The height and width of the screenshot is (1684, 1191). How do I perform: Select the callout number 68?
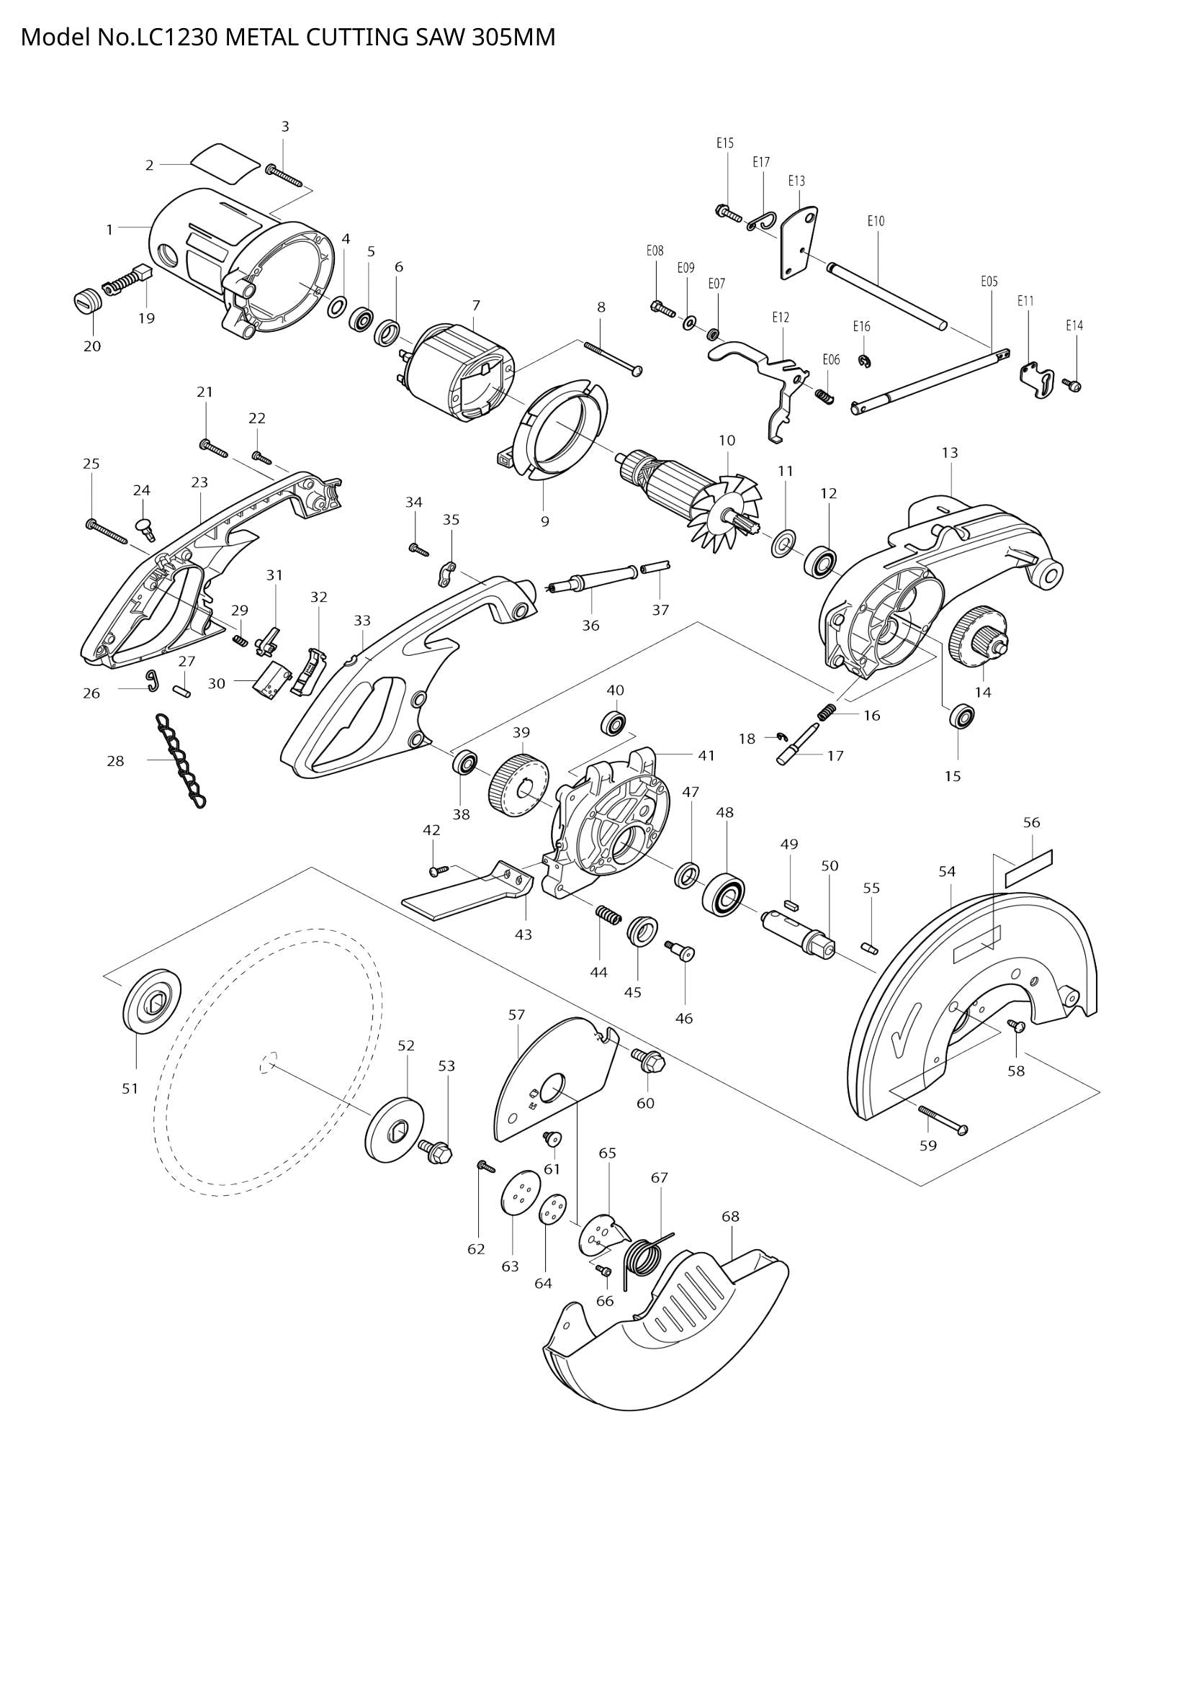pyautogui.click(x=730, y=1216)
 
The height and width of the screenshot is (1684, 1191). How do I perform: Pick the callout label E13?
pyautogui.click(x=796, y=181)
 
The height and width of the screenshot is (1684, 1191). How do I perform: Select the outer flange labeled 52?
pyautogui.click(x=395, y=1129)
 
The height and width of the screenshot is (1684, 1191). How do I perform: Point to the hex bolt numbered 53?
pyautogui.click(x=436, y=1151)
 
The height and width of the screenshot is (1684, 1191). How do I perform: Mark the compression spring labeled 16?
pyautogui.click(x=827, y=711)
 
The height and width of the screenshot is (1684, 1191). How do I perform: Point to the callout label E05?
pyautogui.click(x=989, y=281)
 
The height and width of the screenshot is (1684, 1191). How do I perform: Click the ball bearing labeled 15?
pyautogui.click(x=961, y=716)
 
